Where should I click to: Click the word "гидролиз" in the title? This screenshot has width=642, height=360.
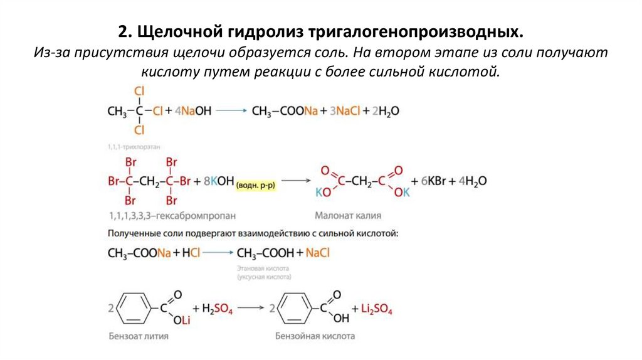(x=265, y=31)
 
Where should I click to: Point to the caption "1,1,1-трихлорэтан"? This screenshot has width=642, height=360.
(x=134, y=146)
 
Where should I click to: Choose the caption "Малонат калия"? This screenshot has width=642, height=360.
(x=349, y=215)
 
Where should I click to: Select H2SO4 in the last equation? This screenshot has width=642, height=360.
(x=218, y=309)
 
